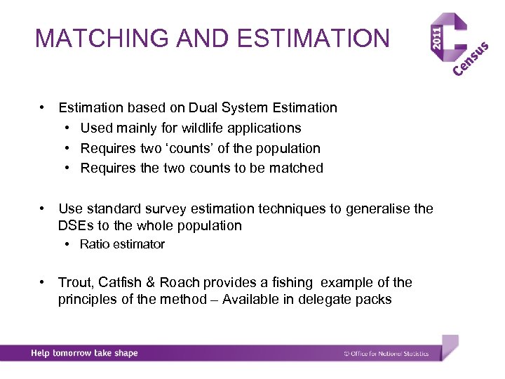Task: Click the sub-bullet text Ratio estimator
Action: tap(122, 244)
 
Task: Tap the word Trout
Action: tap(76, 283)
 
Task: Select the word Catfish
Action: tap(121, 283)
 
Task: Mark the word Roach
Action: tap(180, 283)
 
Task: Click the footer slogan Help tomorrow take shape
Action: tap(84, 353)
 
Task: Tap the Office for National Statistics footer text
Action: tap(386, 354)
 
